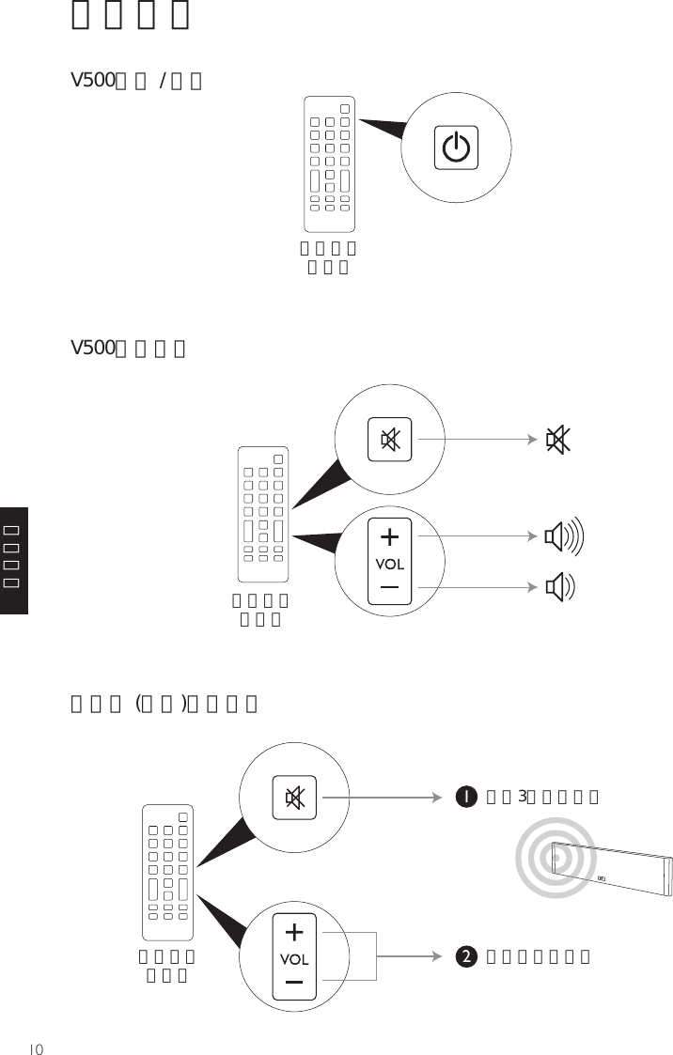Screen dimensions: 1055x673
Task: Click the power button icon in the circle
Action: point(456,148)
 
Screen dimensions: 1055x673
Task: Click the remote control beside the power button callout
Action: point(329,163)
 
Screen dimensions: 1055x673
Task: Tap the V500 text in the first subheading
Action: point(93,81)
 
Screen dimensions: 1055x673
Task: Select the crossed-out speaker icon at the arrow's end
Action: point(557,439)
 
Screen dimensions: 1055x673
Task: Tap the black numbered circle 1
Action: point(464,798)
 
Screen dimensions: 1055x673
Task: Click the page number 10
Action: point(36,1047)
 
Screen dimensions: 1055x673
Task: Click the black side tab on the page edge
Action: point(14,560)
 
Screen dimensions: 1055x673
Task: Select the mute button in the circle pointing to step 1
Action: point(294,798)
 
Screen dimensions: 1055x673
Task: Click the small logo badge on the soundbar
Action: point(602,881)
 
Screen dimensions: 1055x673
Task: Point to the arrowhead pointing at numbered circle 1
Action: point(437,798)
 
